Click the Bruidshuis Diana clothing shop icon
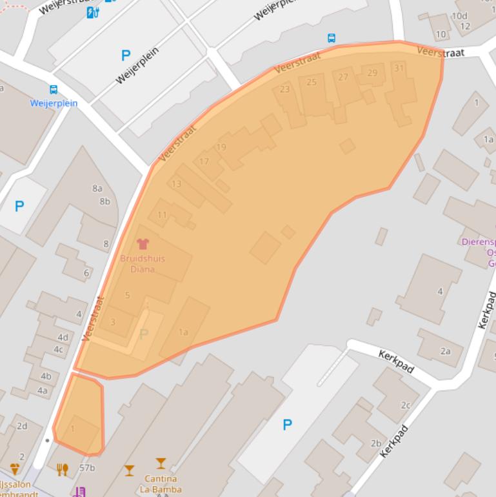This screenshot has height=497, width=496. coord(143,244)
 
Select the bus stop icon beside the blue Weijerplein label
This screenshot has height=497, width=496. coord(53,90)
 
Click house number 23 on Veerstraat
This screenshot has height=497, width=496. coord(284,89)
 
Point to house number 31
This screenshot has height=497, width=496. coord(399,68)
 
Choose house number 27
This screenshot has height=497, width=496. coord(343,77)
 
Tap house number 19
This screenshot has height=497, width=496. coord(221,147)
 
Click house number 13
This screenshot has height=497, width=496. coord(176,184)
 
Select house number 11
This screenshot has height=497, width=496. coord(162,215)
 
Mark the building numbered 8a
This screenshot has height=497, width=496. coord(97,188)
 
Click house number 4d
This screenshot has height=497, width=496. coord(63,338)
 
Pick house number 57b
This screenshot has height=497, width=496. coord(87,468)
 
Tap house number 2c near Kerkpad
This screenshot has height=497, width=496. coord(406,405)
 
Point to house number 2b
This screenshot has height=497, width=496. coord(376,443)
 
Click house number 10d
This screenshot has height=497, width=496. coord(459,15)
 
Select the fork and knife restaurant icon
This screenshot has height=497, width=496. coord(62,469)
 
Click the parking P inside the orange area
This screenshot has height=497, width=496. coord(144,334)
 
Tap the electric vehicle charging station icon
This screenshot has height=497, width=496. coord(93,12)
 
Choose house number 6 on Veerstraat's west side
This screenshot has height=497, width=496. coord(86,273)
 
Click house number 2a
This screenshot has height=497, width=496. coord(445,350)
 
